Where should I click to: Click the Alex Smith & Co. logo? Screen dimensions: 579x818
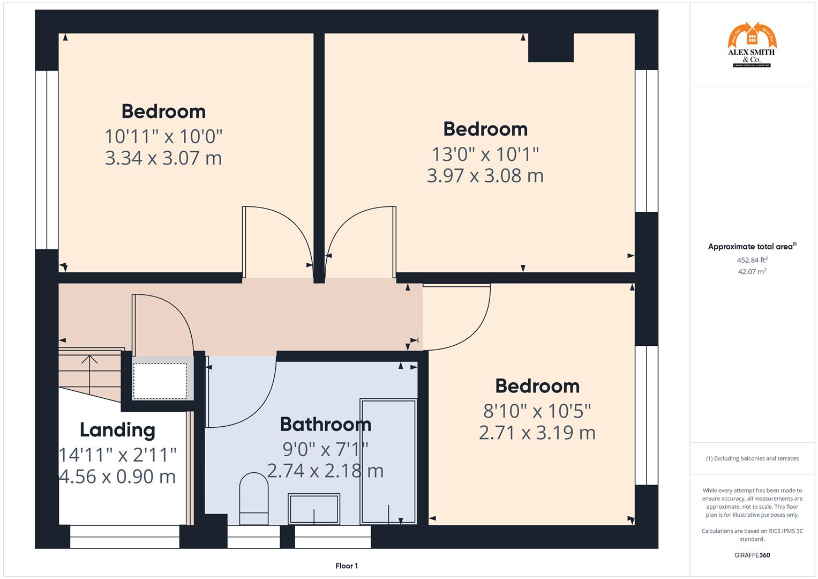pyautogui.click(x=752, y=45)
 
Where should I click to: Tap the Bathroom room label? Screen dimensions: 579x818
pyautogui.click(x=325, y=424)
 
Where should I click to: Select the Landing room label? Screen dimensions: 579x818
pyautogui.click(x=117, y=429)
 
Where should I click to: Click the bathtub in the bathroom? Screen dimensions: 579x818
pyautogui.click(x=388, y=461)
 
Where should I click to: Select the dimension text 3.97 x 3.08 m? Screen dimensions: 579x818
pyautogui.click(x=485, y=176)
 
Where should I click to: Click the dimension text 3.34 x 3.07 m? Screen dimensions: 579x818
pyautogui.click(x=163, y=158)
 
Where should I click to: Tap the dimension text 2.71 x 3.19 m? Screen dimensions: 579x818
pyautogui.click(x=537, y=433)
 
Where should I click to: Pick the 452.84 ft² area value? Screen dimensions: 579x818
pyautogui.click(x=752, y=260)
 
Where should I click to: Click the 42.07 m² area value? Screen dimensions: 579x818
pyautogui.click(x=752, y=272)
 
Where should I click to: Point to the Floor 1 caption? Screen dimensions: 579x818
pyautogui.click(x=347, y=566)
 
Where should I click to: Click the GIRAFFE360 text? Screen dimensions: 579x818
pyautogui.click(x=752, y=555)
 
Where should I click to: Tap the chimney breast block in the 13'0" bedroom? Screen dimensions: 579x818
pyautogui.click(x=551, y=47)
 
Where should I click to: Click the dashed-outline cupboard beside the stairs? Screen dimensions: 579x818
pyautogui.click(x=160, y=381)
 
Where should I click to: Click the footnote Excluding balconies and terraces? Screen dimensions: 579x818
pyautogui.click(x=752, y=458)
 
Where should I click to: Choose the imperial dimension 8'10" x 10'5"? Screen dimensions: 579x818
pyautogui.click(x=537, y=411)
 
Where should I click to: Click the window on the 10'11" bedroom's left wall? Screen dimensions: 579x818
pyautogui.click(x=47, y=160)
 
